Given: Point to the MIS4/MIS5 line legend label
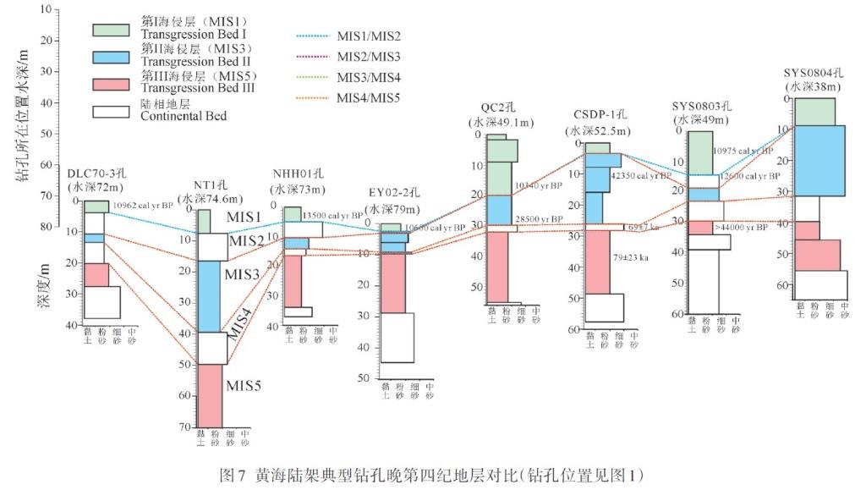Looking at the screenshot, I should click(368, 97).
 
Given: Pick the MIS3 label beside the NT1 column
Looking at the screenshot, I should click(242, 274).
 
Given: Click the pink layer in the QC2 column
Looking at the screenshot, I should click(496, 267).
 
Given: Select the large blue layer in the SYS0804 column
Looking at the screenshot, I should click(819, 160).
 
